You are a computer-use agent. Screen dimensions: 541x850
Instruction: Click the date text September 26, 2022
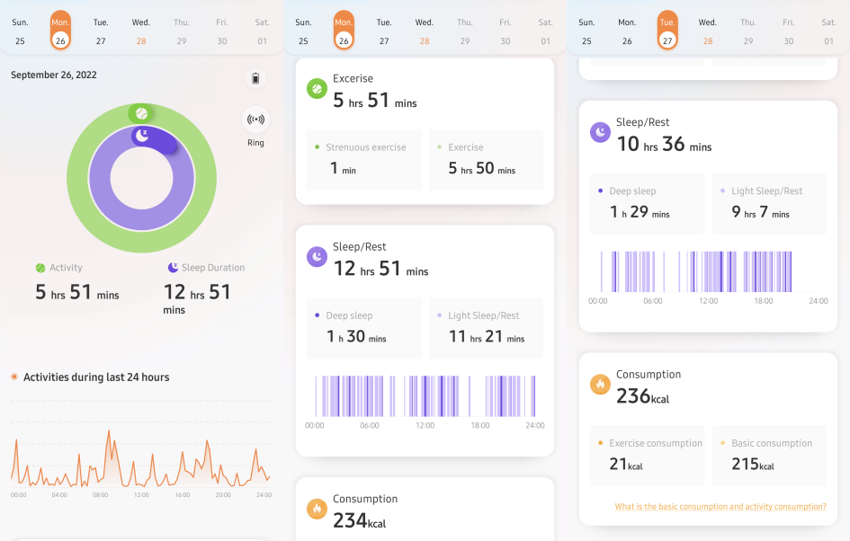[x=53, y=75]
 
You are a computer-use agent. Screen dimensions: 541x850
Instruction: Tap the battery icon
[x=255, y=79]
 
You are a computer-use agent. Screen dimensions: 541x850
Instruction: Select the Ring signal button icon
[x=255, y=119]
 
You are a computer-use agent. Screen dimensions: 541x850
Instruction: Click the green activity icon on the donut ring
[x=141, y=114]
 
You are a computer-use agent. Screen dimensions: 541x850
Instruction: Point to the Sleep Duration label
[x=212, y=268]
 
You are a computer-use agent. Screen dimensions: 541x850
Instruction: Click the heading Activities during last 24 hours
[x=96, y=377]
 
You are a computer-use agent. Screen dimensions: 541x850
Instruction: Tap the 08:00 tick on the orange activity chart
[x=100, y=495]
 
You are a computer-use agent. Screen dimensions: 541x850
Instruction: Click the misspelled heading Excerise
[x=353, y=78]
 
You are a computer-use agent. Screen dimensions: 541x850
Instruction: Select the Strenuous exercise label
[x=365, y=147]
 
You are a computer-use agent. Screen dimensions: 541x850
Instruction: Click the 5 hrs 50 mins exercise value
[x=481, y=168]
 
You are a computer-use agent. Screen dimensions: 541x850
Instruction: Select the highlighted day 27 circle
[x=667, y=40]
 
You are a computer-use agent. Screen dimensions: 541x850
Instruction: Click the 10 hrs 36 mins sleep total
[x=663, y=145]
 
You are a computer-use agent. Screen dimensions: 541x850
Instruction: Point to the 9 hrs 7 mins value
[x=760, y=213]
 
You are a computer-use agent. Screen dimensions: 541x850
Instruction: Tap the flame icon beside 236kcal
[x=600, y=385]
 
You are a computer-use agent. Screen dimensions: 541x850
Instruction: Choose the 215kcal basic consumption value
[x=752, y=465]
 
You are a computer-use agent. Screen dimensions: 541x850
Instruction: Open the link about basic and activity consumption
[x=720, y=507]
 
